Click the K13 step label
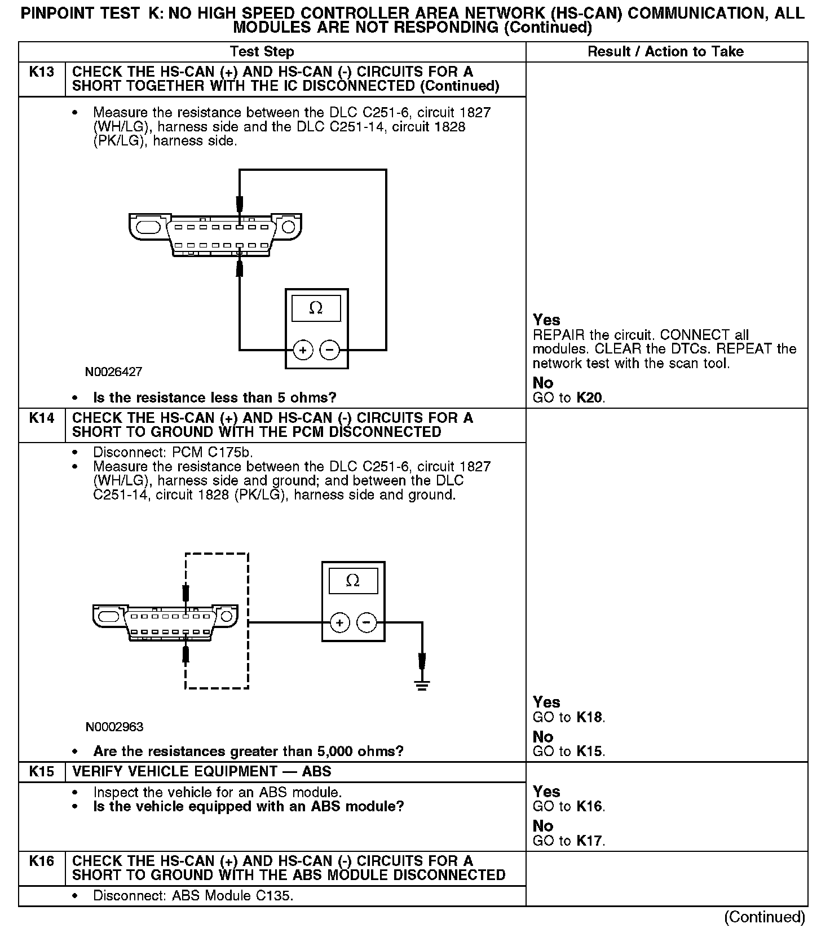[x=42, y=72]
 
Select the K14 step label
[x=42, y=418]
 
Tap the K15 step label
[x=42, y=771]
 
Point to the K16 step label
[x=42, y=861]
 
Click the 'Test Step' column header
[x=262, y=52]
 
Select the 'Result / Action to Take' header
[x=665, y=52]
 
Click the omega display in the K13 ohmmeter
[x=316, y=308]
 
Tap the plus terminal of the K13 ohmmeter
[x=303, y=350]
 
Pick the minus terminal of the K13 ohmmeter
[x=330, y=350]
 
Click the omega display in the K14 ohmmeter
[x=353, y=581]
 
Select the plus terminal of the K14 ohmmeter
[x=339, y=622]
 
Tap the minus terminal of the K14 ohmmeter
[x=367, y=622]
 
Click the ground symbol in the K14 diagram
[x=422, y=684]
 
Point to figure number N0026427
[x=114, y=372]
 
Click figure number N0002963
[x=114, y=727]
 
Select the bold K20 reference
[x=590, y=397]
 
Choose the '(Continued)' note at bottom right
[x=765, y=917]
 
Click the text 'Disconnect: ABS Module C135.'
[x=193, y=895]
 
